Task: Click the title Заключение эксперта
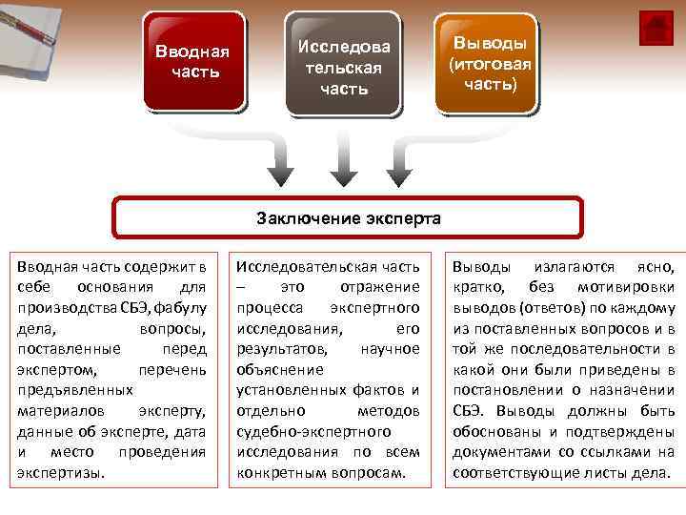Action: point(349,217)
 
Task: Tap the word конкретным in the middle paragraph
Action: point(279,473)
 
